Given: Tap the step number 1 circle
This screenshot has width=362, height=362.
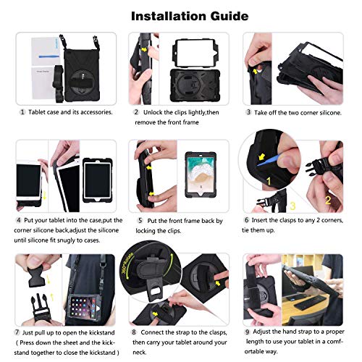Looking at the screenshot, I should click(22, 112).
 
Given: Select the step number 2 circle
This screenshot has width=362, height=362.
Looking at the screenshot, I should click(136, 112).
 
